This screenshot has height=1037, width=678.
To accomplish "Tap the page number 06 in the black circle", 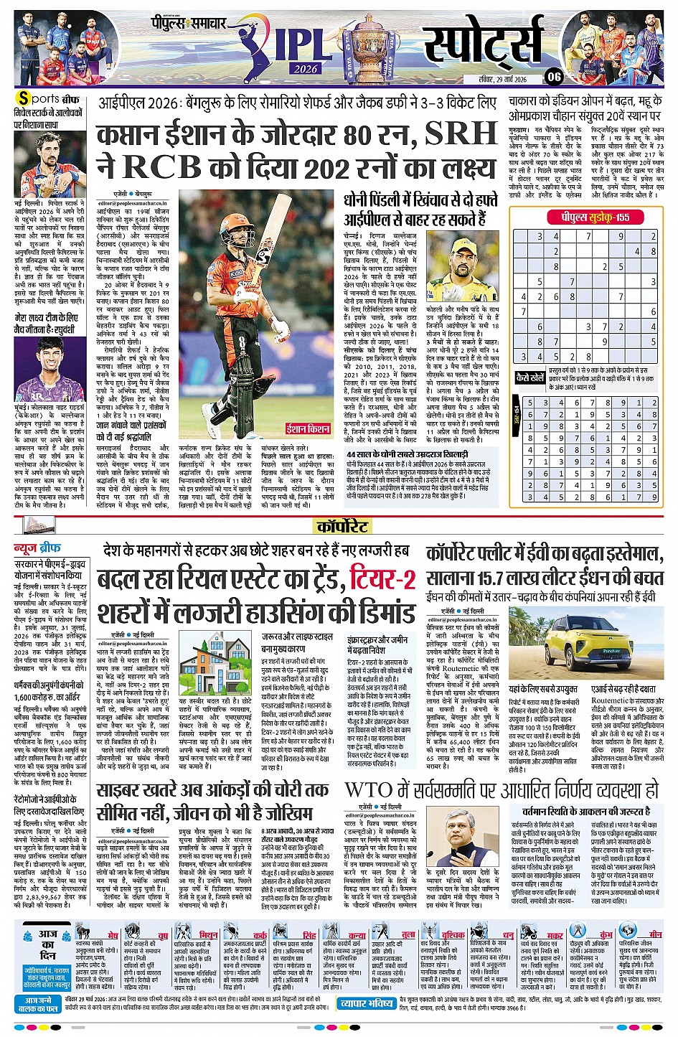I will coord(553,77).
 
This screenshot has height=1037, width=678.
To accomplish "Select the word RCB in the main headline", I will coord(161,166).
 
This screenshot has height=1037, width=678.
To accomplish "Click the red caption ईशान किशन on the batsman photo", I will coord(308,428).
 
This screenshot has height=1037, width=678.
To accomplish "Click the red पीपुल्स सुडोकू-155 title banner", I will coord(589,217).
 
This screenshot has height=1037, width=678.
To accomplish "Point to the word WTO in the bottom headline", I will coord(368,791).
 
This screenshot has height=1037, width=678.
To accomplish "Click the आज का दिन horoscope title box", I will coord(47,945).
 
